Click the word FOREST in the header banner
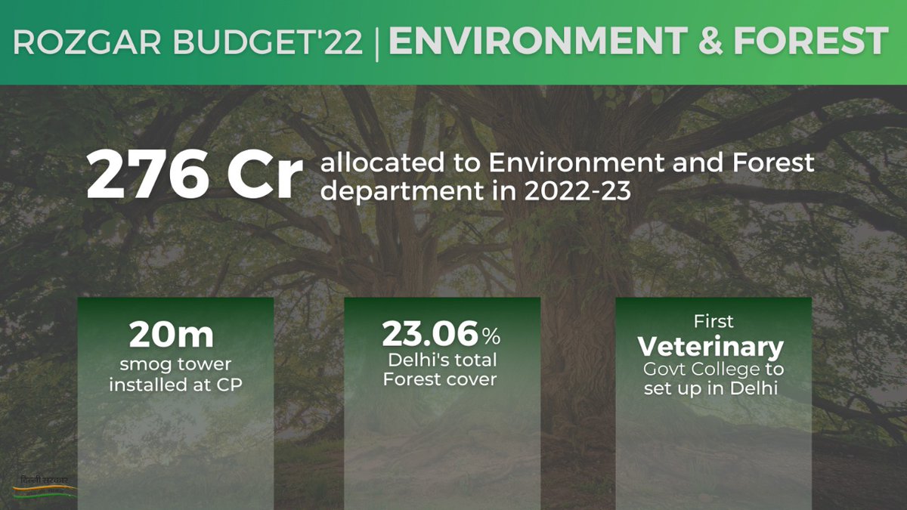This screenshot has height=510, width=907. [x=812, y=42]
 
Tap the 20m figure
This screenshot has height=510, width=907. [x=172, y=334]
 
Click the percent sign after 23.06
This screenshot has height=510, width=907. [x=491, y=336]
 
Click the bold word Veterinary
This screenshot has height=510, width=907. [x=711, y=347]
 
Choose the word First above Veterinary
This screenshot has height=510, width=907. [x=714, y=322]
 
